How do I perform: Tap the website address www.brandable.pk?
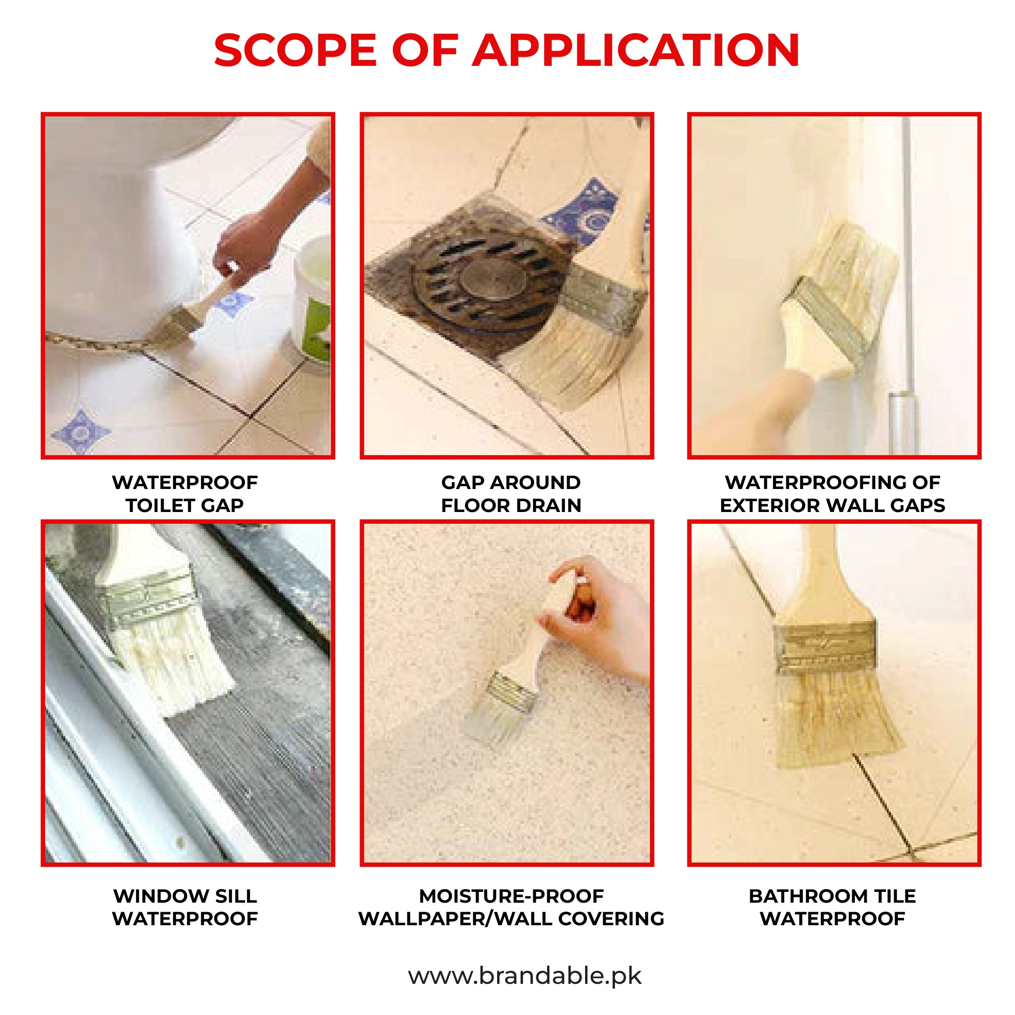(524, 976)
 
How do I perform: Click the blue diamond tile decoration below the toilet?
(80, 432)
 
